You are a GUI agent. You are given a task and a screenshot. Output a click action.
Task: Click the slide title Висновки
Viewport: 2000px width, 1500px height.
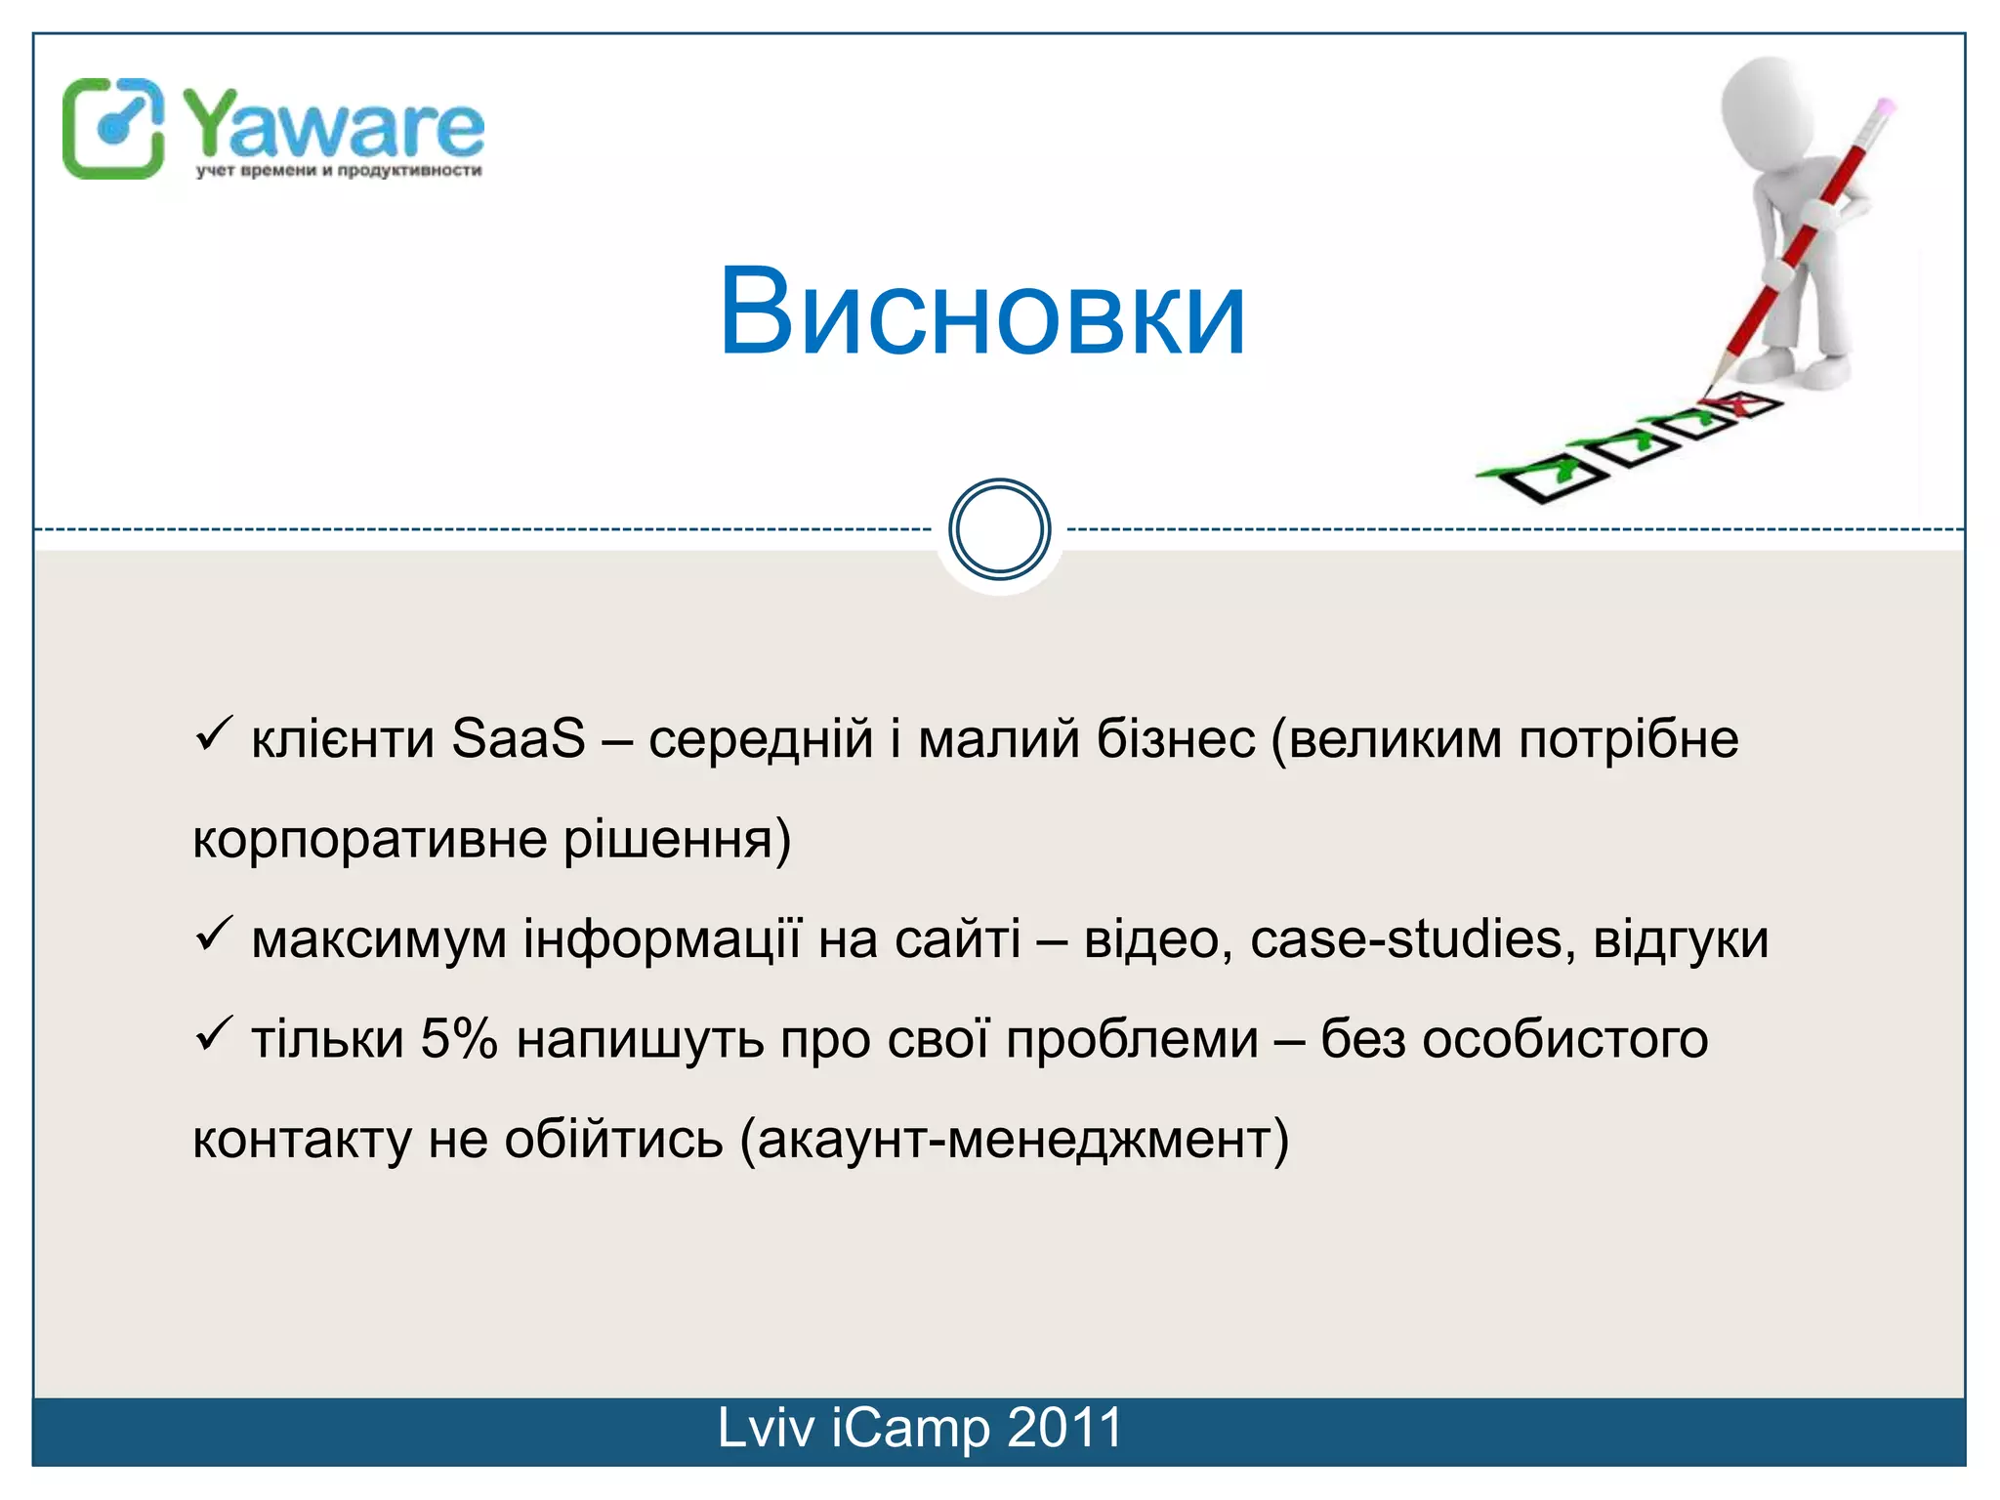click(981, 312)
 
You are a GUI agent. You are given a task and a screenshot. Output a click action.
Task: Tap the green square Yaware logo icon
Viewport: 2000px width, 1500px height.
click(112, 128)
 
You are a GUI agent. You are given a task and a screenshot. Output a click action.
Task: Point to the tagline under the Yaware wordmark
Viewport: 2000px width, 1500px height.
click(338, 171)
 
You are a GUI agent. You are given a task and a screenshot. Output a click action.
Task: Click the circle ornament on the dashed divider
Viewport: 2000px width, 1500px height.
click(999, 529)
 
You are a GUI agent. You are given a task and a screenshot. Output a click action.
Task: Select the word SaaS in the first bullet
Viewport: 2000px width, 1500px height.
click(518, 739)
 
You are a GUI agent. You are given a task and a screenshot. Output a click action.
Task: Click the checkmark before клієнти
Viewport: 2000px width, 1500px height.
click(212, 733)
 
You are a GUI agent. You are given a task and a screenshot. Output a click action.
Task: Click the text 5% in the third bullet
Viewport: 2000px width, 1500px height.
click(458, 1039)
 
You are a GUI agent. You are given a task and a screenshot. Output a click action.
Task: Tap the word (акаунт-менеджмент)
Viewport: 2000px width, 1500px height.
click(1015, 1140)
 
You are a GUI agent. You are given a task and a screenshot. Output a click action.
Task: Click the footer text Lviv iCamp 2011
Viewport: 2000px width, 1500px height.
click(919, 1428)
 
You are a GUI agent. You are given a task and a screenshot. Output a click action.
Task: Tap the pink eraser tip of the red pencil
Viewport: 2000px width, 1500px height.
click(1886, 104)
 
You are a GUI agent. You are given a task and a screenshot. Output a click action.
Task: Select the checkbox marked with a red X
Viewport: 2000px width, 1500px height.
click(1745, 403)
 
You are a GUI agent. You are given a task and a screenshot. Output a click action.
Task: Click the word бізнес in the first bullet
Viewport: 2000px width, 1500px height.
click(1175, 739)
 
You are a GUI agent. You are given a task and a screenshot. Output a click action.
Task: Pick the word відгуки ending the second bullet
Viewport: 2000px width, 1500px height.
click(1681, 939)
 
